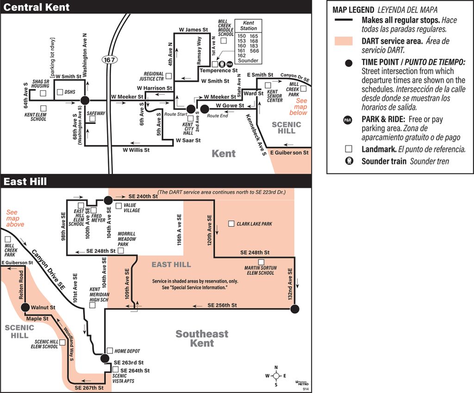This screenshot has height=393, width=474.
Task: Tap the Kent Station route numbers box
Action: tap(248, 42)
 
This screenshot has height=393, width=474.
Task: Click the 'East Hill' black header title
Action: tap(25, 182)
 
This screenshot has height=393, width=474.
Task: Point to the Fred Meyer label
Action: tap(96, 218)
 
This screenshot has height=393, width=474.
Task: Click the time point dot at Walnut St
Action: tap(25, 307)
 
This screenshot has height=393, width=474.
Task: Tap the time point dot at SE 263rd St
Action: tap(105, 358)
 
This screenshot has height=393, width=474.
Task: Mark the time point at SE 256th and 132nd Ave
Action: tap(295, 309)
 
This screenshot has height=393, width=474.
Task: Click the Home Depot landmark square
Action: tap(110, 350)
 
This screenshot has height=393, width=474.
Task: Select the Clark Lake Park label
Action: tap(254, 224)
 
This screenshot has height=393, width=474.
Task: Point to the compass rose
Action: tap(276, 376)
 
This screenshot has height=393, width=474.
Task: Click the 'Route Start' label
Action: tap(175, 114)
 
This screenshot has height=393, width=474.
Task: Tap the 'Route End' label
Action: tap(218, 116)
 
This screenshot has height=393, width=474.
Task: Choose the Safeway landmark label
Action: tap(96, 113)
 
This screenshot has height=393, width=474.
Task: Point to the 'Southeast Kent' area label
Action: tap(202, 338)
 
